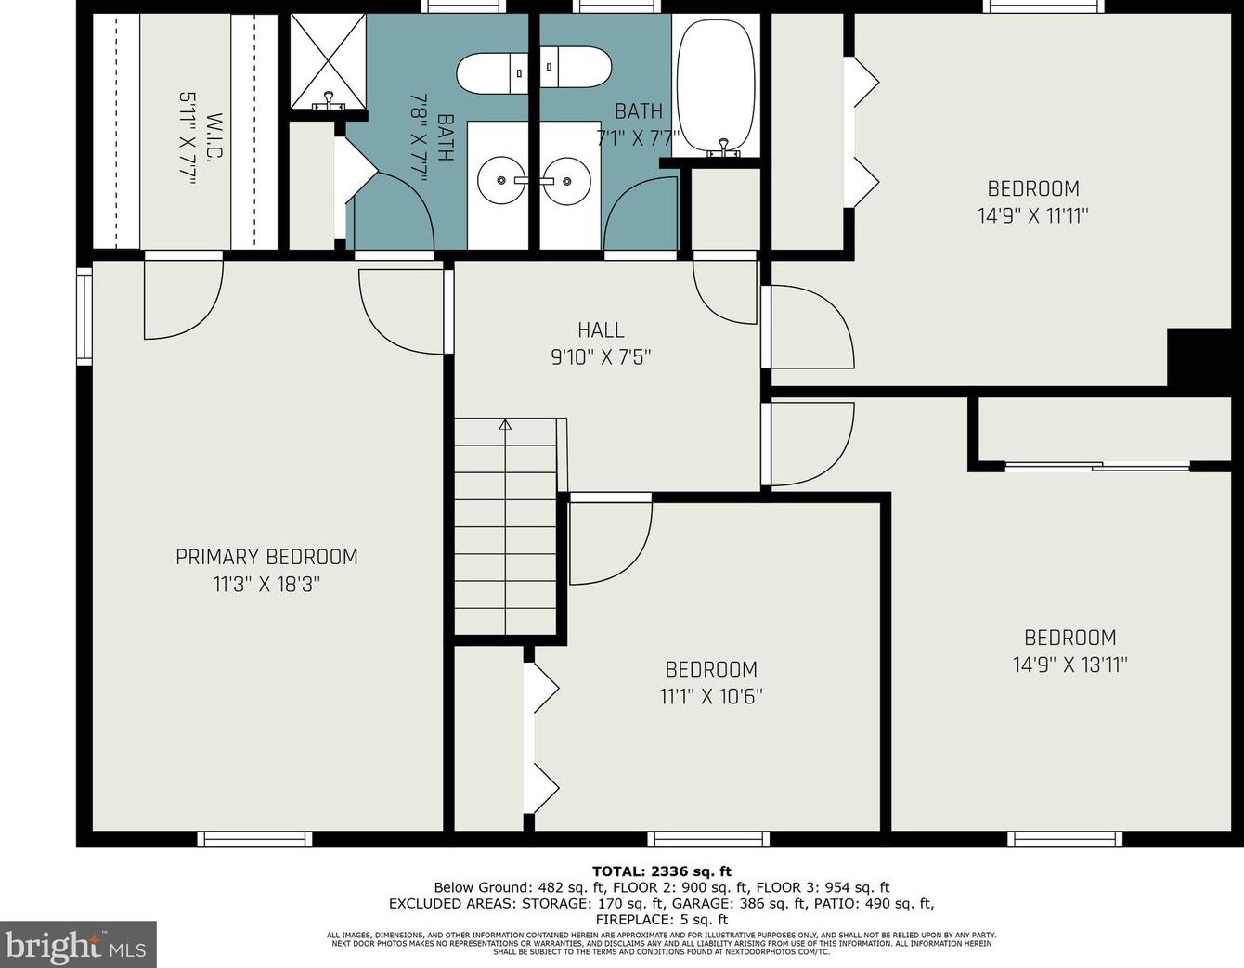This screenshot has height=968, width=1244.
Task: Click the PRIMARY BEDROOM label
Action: tap(266, 557)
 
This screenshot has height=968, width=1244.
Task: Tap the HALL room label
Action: tap(601, 330)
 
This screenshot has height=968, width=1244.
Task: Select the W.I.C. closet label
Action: tap(215, 136)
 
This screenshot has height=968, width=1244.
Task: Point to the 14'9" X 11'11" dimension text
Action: tap(1033, 216)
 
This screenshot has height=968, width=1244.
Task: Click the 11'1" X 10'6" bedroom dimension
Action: tap(710, 697)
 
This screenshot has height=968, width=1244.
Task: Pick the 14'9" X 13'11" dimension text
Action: tap(1070, 665)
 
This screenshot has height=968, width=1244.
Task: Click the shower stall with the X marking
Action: tap(328, 62)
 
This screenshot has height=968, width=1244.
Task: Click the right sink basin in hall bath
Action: tap(567, 180)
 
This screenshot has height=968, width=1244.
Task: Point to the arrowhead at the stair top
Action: tap(505, 424)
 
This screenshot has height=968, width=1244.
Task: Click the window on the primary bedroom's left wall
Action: tap(84, 316)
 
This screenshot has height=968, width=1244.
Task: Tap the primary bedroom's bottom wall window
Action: tap(254, 839)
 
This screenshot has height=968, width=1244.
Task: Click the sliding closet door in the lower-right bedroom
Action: tap(1097, 466)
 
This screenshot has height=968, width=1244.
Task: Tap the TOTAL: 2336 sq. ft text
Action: tap(662, 871)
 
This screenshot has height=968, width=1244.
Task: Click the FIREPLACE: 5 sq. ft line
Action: tap(662, 920)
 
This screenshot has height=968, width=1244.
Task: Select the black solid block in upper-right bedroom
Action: tap(1199, 357)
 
